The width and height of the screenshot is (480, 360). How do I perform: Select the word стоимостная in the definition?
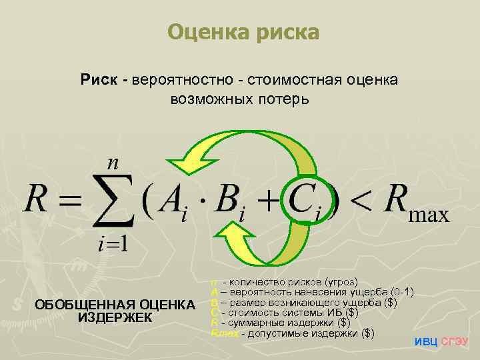[297, 81]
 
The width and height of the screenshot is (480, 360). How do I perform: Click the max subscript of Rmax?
[427, 213]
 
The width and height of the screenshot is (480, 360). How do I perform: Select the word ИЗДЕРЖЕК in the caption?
[115, 317]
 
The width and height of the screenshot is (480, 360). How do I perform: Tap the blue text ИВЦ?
[426, 342]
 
